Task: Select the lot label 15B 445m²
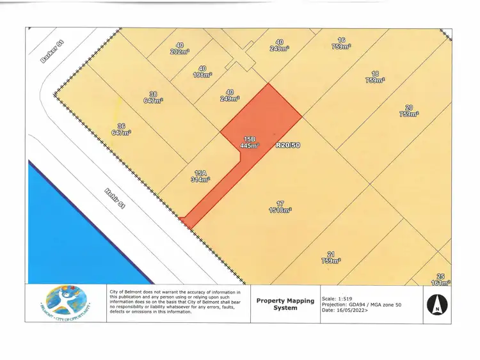(249, 142)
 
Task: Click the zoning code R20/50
(287, 146)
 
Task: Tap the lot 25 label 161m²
(440, 279)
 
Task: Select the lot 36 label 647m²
(121, 129)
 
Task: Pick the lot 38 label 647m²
(153, 97)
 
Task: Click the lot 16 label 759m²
(341, 43)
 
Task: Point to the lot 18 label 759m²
(374, 77)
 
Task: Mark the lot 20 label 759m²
(408, 111)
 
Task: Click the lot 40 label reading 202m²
(179, 49)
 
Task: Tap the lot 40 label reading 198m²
(202, 72)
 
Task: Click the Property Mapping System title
(276, 303)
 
